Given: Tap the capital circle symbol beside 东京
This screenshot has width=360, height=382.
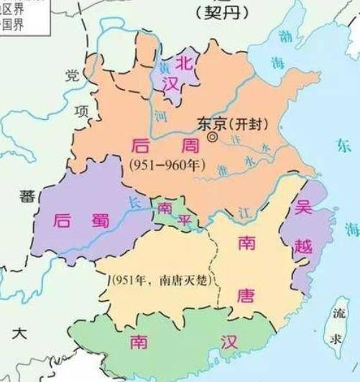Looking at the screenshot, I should (x=212, y=136).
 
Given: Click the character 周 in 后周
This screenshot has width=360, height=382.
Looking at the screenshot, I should (x=188, y=146).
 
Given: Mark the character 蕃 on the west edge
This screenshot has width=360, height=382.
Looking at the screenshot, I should (x=26, y=195).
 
